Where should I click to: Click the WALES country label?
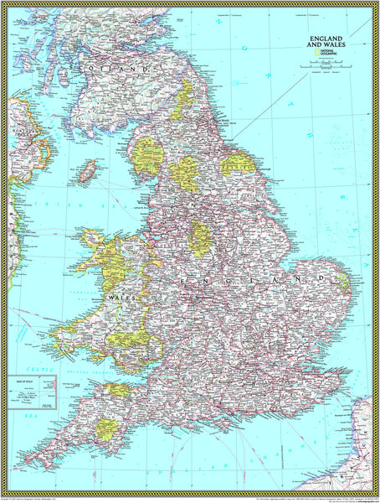pyautogui.click(x=115, y=296)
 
